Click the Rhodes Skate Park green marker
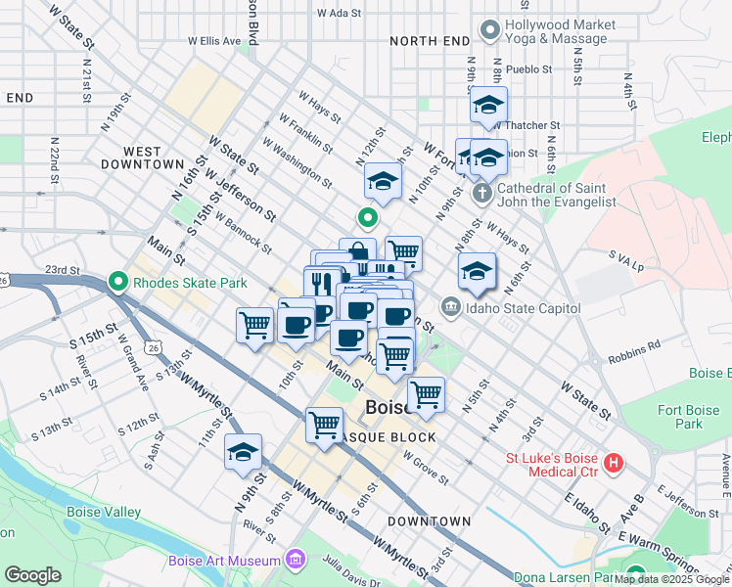click(119, 283)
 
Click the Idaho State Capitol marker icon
click(449, 308)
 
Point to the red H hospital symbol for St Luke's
click(614, 463)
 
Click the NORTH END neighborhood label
click(429, 41)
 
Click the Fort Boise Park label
click(680, 417)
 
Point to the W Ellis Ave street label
click(214, 42)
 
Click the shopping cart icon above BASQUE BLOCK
click(324, 424)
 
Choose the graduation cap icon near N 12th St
click(384, 180)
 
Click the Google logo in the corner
click(32, 575)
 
